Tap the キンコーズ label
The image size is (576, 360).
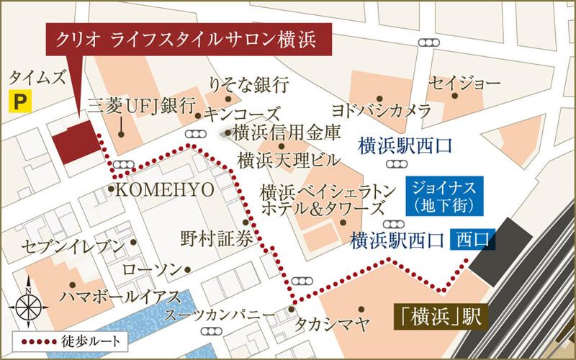pyautogui.click(x=240, y=114)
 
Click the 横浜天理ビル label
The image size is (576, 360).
pyautogui.click(x=281, y=158)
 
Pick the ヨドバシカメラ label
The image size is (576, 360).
pyautogui.click(x=381, y=111)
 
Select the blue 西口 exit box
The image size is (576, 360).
pyautogui.click(x=472, y=238)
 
